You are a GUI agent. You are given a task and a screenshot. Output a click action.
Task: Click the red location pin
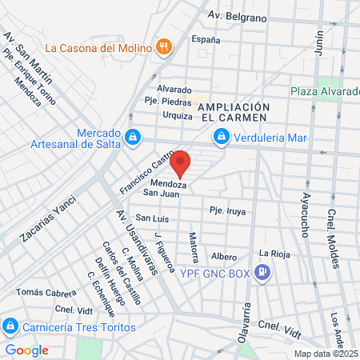tap(181, 163)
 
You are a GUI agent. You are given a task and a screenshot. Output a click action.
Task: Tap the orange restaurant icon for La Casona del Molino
tap(163, 47)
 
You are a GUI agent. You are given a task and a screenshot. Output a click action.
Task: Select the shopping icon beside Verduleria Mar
tap(219, 138)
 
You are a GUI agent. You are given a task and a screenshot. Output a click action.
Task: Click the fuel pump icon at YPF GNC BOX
tap(262, 273)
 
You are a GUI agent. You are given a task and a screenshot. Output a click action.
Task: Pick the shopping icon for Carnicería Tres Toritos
tap(10, 327)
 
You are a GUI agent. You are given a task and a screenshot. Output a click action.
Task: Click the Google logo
tap(27, 350)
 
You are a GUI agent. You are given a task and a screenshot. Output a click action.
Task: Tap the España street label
tap(206, 39)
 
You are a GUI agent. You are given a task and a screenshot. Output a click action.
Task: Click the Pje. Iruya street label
tap(227, 211)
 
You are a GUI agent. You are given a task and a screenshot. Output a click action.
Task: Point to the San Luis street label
tap(151, 218)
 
